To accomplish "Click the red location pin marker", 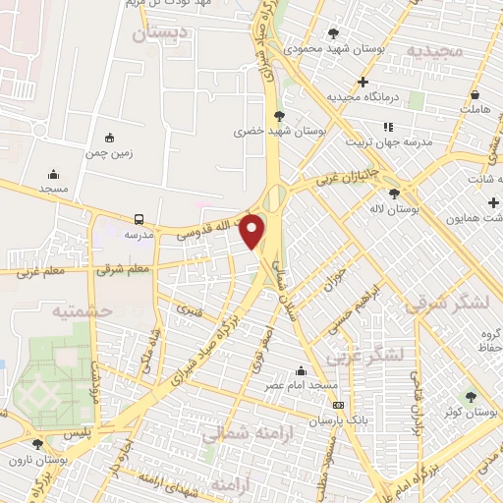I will coord(252,231).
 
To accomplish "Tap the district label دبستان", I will coord(158,34).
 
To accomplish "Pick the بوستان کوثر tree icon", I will coord(470,397).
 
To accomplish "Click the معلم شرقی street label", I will coord(124,268).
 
